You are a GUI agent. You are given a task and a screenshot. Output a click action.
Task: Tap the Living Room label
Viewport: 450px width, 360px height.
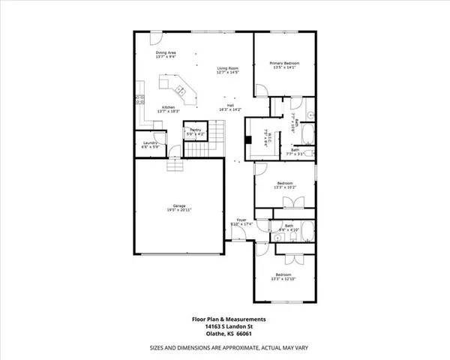pos(217,68)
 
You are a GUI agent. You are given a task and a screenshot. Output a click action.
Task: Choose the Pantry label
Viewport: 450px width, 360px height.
pos(195,130)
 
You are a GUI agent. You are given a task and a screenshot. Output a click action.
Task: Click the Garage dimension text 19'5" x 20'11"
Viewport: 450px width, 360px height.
pos(179,210)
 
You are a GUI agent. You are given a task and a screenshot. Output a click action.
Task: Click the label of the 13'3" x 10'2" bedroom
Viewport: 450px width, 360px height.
pos(286,184)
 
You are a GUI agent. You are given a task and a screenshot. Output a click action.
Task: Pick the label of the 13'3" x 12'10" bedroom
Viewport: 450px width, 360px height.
pos(286,275)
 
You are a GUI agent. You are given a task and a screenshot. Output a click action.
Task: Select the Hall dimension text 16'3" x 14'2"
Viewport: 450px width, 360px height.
pos(231,110)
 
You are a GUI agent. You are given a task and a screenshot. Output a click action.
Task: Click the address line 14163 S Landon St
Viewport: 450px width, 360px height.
pos(226,326)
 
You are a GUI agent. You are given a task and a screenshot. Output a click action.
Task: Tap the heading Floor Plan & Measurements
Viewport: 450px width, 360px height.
pos(226,319)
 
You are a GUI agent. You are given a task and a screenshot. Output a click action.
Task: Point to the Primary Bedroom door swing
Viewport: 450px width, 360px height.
pos(262,90)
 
